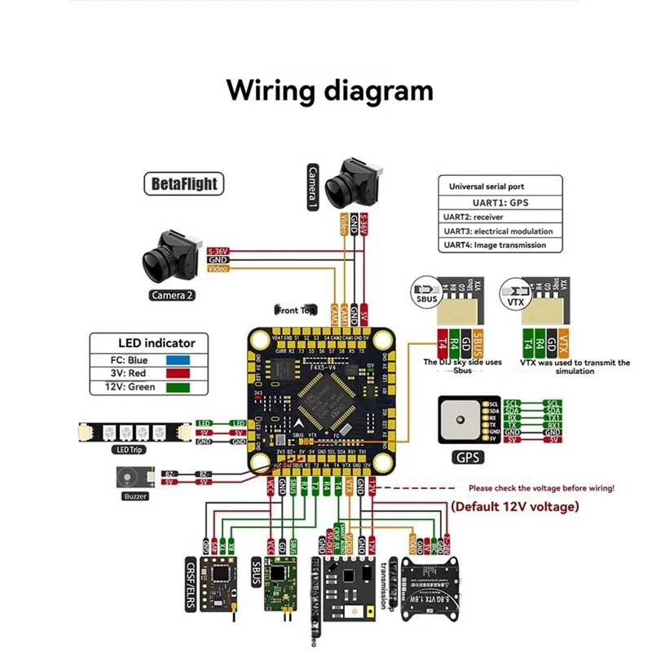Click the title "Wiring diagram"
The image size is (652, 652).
(x=329, y=90)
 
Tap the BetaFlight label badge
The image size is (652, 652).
(x=185, y=183)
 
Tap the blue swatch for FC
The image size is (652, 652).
(x=178, y=359)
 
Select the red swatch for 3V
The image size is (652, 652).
(x=178, y=373)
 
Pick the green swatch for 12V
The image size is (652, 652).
(x=178, y=387)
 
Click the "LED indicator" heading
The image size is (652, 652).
(x=147, y=343)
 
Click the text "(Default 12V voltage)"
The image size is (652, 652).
(x=514, y=506)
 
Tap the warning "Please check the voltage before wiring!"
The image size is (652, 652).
(x=541, y=488)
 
